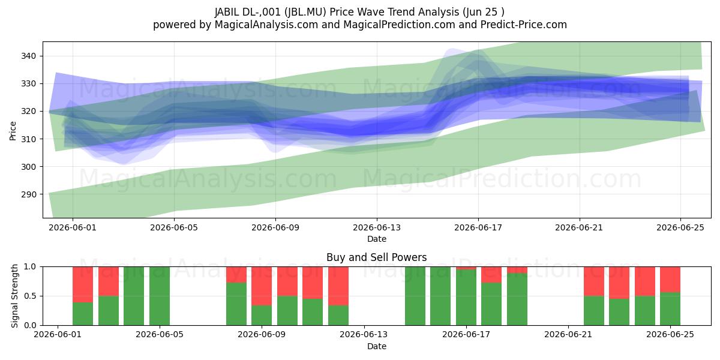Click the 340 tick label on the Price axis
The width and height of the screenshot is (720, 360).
[x=29, y=56]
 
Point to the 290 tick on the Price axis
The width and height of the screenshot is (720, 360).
[x=29, y=194]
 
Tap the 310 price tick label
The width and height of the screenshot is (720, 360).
[x=29, y=139]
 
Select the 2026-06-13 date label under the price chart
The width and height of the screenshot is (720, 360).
[x=377, y=227]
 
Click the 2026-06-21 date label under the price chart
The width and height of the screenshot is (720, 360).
[x=579, y=227]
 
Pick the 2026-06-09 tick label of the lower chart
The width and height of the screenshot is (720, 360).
[x=262, y=334]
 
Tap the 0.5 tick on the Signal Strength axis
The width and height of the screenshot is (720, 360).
[x=31, y=296]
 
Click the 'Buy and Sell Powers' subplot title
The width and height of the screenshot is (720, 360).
[x=377, y=257]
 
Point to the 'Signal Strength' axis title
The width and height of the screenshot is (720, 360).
[x=14, y=296]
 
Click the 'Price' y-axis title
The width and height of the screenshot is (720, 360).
[x=13, y=131]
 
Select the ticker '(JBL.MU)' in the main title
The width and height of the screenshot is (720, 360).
[x=305, y=12]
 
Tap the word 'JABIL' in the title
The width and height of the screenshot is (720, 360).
[x=227, y=12]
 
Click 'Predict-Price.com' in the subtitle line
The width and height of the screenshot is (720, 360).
[x=524, y=25]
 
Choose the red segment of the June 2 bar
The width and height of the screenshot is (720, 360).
[x=83, y=284]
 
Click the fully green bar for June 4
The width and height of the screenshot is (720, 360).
[x=134, y=296]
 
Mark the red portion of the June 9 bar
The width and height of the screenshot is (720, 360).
[x=262, y=286]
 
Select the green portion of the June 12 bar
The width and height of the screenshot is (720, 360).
[x=338, y=316]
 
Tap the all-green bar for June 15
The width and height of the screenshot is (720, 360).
[x=415, y=296]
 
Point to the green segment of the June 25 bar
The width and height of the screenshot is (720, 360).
[x=670, y=309]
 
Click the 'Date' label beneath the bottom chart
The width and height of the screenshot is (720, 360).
[x=377, y=346]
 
